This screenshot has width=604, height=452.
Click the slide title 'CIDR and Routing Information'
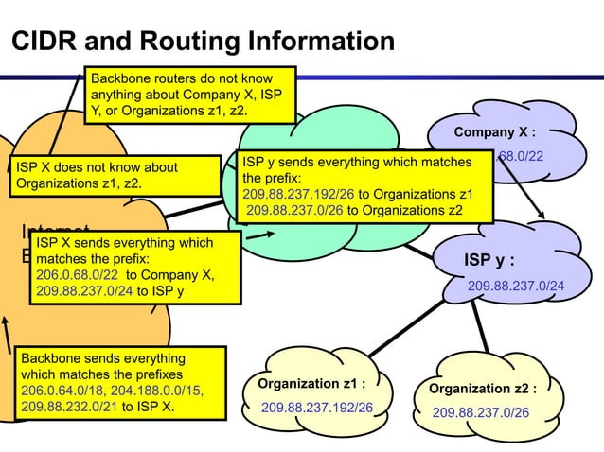click(x=202, y=42)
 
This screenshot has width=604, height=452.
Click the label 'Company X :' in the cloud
click(x=500, y=132)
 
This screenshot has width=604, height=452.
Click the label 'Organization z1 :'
click(x=311, y=384)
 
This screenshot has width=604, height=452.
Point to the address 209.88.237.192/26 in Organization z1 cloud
click(x=317, y=409)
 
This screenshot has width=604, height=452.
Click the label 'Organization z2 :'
click(x=483, y=389)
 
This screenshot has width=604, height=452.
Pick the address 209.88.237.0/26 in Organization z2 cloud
click(x=481, y=413)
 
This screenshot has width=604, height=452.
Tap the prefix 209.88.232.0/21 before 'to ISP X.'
click(x=67, y=409)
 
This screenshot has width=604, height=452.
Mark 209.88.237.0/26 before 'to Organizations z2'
click(x=294, y=210)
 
